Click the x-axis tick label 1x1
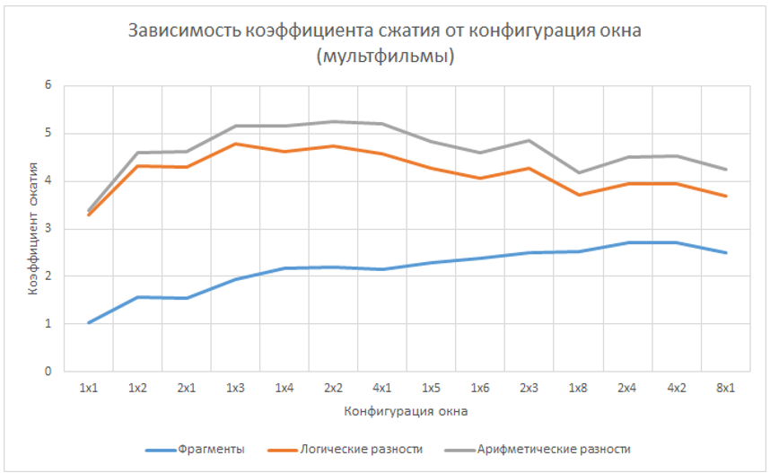(88, 388)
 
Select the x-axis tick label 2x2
(333, 388)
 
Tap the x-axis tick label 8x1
(725, 388)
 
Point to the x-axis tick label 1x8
(578, 388)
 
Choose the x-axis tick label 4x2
(676, 388)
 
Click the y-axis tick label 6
(49, 86)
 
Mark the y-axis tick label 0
(49, 371)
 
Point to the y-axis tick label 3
(49, 229)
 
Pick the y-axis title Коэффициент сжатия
(31, 229)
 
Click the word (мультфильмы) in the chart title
(385, 57)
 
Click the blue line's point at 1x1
(88, 322)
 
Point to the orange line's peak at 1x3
(235, 144)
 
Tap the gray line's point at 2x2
(333, 121)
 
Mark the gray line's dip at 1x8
(578, 172)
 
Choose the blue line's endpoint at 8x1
(725, 252)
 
